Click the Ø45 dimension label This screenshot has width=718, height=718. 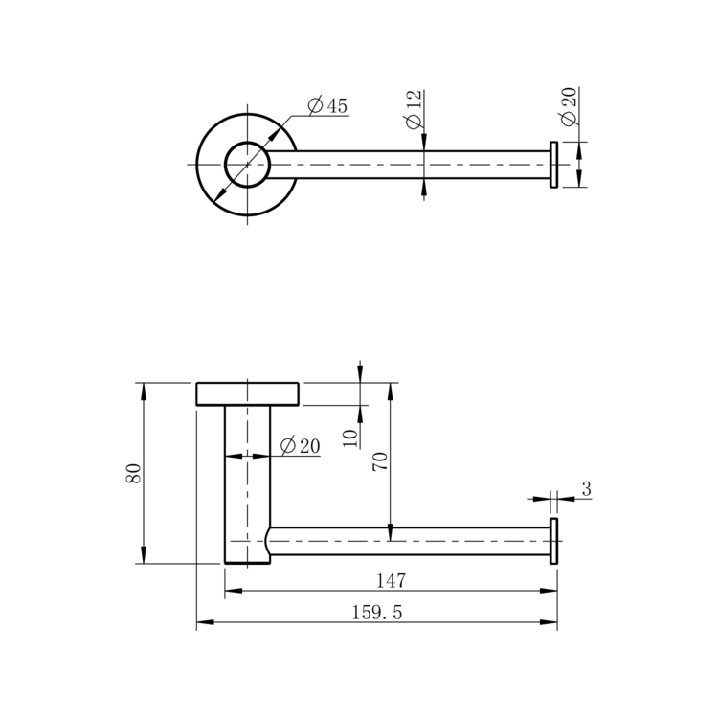tap(327, 105)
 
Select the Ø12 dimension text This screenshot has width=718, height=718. tap(413, 109)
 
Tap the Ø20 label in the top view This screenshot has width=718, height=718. tap(568, 105)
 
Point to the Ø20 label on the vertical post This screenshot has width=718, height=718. tap(301, 445)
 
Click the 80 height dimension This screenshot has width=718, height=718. tap(133, 473)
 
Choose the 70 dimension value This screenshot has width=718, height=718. tap(380, 461)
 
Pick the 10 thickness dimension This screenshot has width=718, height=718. tap(349, 438)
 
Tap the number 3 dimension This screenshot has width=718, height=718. tap(587, 489)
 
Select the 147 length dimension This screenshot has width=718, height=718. tap(391, 581)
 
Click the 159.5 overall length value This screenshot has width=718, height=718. tap(377, 613)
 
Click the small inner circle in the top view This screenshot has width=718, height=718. tap(247, 165)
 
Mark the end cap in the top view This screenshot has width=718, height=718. tap(553, 165)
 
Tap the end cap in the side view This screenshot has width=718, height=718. tap(553, 541)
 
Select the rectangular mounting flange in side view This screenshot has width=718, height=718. tap(247, 393)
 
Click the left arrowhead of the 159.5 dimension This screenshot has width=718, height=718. tap(205, 622)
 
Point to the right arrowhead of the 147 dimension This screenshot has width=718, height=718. tap(549, 591)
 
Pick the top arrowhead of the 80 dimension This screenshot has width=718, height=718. tap(144, 392)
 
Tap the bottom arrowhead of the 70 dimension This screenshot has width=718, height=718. tap(391, 532)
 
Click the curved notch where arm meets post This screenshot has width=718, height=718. tap(267, 541)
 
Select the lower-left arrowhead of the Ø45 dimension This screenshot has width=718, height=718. tap(220, 195)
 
